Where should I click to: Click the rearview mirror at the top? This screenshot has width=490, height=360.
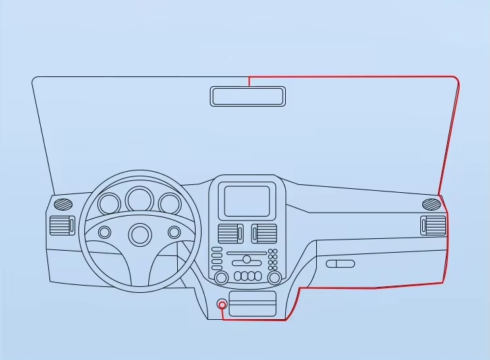[x=248, y=96]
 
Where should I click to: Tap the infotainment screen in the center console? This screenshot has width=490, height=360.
[x=247, y=201]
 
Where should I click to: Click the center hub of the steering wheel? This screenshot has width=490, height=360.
[x=140, y=234]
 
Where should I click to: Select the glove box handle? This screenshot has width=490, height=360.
[x=340, y=264]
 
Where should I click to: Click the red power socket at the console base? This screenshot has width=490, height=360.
[x=223, y=305]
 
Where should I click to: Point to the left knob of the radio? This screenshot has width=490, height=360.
[x=221, y=276]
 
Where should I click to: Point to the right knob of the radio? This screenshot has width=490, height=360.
[x=275, y=276]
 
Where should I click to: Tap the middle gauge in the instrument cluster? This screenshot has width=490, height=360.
[x=140, y=199]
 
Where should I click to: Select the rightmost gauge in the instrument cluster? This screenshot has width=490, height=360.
[x=169, y=204]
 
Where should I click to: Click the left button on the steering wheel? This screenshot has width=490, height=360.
[x=105, y=232]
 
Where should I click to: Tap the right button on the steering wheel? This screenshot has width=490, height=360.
[x=174, y=232]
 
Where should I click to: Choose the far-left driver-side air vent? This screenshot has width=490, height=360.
[x=61, y=225]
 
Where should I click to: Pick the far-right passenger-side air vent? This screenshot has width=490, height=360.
[x=433, y=224]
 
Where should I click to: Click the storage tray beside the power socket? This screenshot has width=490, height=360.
[x=252, y=305]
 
